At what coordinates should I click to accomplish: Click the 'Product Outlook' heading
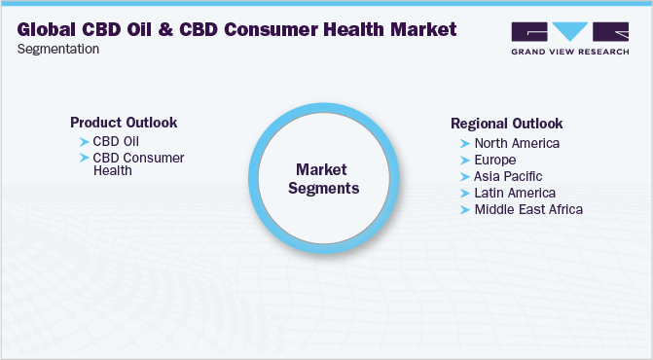124,123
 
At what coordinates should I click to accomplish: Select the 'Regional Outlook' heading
506,124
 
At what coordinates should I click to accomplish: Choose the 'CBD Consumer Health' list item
138,163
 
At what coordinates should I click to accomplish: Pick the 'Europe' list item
494,160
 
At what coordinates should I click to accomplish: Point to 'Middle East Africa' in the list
527,209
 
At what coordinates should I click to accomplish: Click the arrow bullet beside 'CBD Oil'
84,142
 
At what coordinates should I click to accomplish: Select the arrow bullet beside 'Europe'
465,160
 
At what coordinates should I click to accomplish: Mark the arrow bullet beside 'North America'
465,143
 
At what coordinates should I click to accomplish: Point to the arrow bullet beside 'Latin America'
465,193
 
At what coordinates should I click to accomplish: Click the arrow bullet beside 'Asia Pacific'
465,176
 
